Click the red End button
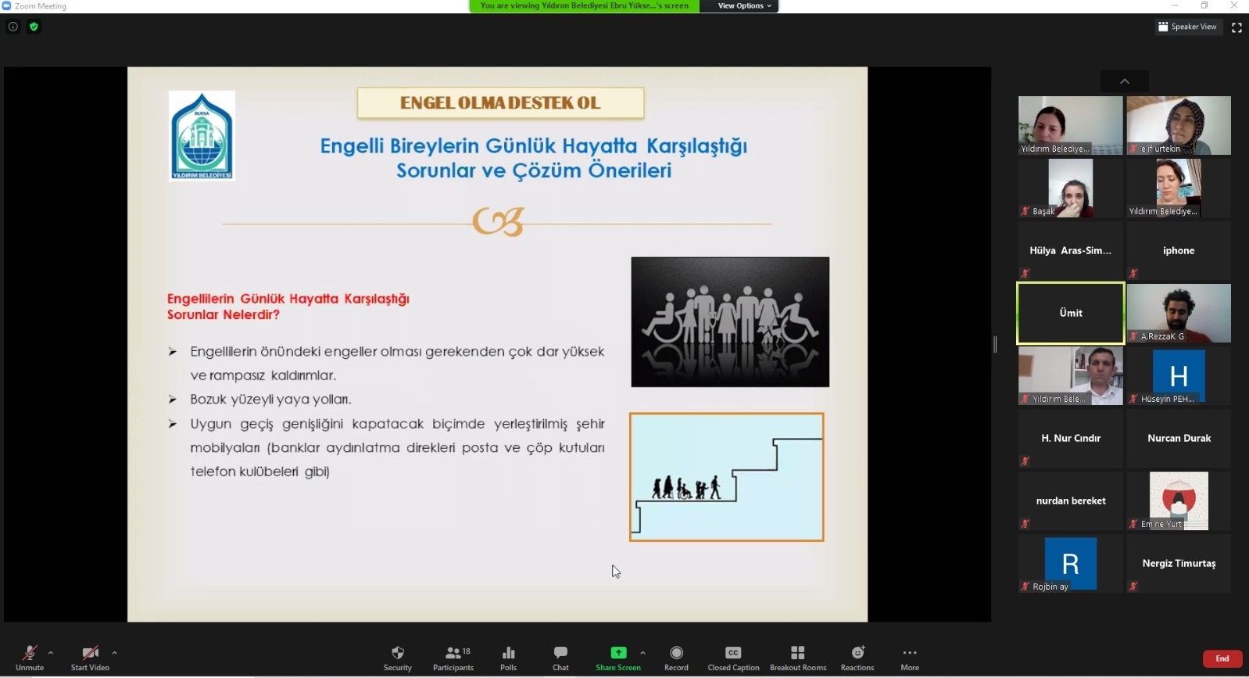[1222, 658]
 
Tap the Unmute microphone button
[30, 658]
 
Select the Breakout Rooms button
[798, 658]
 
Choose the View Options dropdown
[744, 5]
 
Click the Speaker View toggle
[1187, 27]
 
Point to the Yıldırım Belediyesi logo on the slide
[202, 136]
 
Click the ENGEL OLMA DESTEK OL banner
[500, 102]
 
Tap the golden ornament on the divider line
[498, 221]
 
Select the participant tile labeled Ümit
[1071, 313]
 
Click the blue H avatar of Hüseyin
[1179, 375]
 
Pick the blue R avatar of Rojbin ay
[1071, 563]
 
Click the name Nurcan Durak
[1179, 438]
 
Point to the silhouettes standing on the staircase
[686, 487]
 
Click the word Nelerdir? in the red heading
[251, 314]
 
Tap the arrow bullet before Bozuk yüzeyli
[172, 399]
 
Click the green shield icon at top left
[34, 27]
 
